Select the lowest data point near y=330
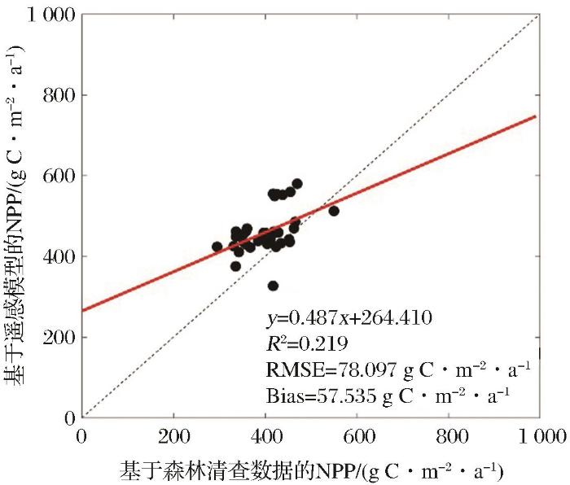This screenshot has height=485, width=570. (274, 286)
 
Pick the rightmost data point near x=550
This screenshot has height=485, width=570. (333, 211)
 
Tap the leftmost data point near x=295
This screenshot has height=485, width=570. (217, 247)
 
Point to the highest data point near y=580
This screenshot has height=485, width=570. (297, 184)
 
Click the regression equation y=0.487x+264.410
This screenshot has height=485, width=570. (345, 317)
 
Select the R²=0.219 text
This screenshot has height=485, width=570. (299, 343)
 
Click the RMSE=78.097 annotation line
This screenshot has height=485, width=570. (398, 369)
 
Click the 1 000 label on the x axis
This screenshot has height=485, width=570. (538, 437)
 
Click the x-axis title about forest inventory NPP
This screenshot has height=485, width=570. (309, 470)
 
